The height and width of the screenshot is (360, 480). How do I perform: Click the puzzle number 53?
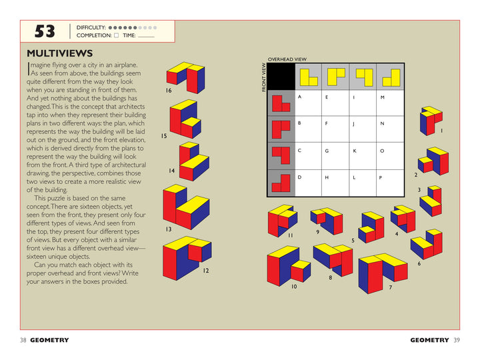45,31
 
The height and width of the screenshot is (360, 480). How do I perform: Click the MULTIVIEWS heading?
59,53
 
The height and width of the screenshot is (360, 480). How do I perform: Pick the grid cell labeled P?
391,183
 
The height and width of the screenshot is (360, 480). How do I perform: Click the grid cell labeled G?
336,157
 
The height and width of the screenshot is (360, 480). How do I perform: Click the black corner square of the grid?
281,76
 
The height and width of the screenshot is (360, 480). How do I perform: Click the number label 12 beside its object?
206,271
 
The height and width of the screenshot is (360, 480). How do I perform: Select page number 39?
456,340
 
